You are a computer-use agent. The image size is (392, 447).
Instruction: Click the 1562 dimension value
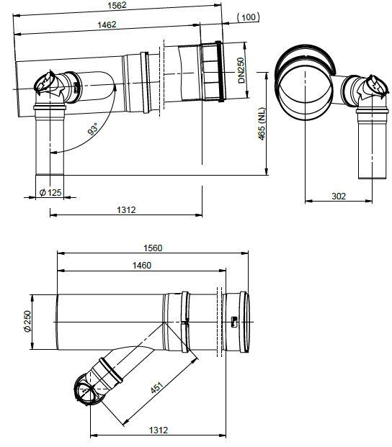(x=117, y=6)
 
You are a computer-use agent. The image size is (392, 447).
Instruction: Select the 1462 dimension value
(x=107, y=24)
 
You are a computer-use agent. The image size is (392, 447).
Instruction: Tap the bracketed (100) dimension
(x=249, y=17)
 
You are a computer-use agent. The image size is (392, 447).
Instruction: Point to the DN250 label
(x=241, y=71)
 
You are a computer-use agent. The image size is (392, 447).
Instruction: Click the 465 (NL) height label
(x=262, y=124)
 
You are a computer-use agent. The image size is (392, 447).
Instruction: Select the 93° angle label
(x=93, y=129)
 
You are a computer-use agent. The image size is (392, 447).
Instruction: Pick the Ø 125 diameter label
(x=50, y=192)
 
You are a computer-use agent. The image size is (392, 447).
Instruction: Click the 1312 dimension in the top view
(x=126, y=209)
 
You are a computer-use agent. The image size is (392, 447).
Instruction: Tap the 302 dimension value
(x=339, y=196)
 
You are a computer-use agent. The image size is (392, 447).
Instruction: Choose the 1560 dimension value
(x=153, y=248)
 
